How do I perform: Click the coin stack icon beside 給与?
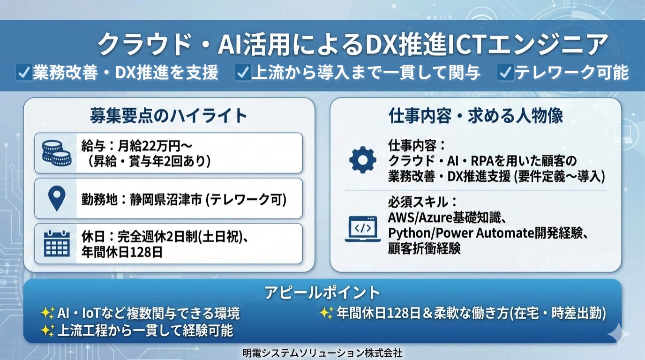56,153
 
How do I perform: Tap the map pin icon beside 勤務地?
57,198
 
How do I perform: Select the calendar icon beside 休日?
57,244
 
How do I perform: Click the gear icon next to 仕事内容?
362,159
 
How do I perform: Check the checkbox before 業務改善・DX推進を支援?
24,72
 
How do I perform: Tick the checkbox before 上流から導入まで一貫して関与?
243,72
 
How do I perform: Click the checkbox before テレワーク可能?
505,72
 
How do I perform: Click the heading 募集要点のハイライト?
168,116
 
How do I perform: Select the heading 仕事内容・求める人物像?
476,116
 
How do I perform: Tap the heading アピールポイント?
322,292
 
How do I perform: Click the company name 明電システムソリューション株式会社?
322,353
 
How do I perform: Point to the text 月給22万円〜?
155,146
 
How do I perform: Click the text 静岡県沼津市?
166,199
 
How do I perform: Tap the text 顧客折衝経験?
424,248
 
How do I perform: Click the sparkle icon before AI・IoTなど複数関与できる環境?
47,313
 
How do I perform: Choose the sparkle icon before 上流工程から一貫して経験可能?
47,330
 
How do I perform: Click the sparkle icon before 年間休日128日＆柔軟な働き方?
327,313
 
